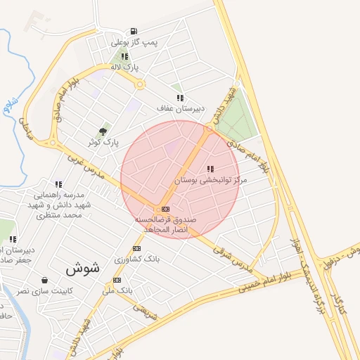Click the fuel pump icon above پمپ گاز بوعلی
pos(133,32)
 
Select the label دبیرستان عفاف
pos(181,109)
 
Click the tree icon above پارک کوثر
pos(103,131)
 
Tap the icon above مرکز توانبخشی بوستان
pos(210,169)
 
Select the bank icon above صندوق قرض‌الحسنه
pos(165,210)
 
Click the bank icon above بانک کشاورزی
pos(136,248)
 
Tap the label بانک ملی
pos(117,290)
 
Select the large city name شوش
pos(83,268)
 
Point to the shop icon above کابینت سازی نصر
pos(45,279)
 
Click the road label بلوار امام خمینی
pos(262,282)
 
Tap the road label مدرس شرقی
pos(237,259)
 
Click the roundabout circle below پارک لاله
pos(140,84)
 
